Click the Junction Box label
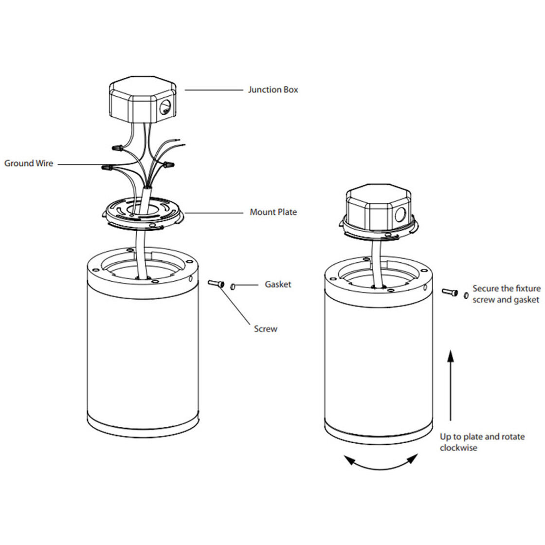point(273,90)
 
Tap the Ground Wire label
point(29,163)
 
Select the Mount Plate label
point(273,212)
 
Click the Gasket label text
point(278,284)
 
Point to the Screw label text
point(266,329)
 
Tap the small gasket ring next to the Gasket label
point(233,287)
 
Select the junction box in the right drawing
point(379,207)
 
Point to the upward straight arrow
point(451,385)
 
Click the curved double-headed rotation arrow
point(380,467)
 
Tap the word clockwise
point(458,448)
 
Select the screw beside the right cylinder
point(450,292)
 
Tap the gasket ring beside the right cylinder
point(466,295)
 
